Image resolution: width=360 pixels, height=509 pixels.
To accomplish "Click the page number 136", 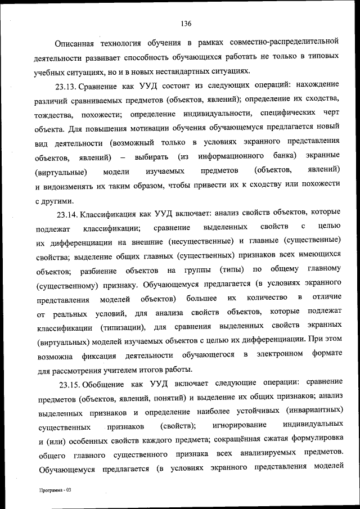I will (x=187, y=24).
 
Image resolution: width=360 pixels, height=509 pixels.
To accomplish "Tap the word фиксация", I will (x=101, y=355).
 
